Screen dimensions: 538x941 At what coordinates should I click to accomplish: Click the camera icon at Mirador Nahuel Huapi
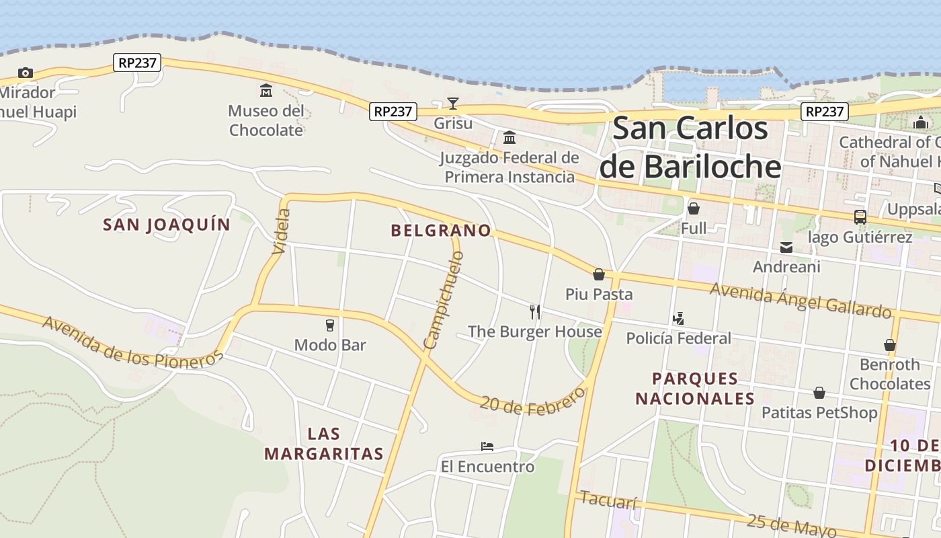(x=26, y=73)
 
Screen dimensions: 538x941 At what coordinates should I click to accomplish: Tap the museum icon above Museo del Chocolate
(x=266, y=91)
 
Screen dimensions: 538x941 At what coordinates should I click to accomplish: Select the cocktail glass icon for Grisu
(x=453, y=103)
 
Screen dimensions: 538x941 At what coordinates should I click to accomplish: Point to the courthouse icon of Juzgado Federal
(x=509, y=137)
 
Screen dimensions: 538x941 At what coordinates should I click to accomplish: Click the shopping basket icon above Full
(x=694, y=208)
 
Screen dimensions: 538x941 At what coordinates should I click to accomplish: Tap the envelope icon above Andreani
(x=786, y=247)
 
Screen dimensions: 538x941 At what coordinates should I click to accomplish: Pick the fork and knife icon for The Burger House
(x=535, y=311)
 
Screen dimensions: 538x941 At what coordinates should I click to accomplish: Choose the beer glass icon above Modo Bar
(x=329, y=325)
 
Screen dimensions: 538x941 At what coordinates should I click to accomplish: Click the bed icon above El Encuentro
(x=487, y=447)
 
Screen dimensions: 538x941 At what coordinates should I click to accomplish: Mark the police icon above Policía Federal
(x=678, y=319)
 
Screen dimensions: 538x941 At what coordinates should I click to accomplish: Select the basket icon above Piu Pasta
(x=599, y=274)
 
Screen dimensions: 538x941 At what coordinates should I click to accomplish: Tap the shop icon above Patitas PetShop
(x=819, y=393)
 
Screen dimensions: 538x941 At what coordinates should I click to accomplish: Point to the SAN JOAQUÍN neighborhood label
(x=167, y=225)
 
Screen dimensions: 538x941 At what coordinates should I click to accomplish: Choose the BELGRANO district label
(x=441, y=231)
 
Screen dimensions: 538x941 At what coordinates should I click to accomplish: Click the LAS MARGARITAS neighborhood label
(x=324, y=444)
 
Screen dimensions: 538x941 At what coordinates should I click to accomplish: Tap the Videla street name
(x=282, y=231)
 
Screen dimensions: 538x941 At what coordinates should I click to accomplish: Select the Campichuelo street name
(x=444, y=300)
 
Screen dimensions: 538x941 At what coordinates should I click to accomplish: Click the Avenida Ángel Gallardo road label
(x=801, y=300)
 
